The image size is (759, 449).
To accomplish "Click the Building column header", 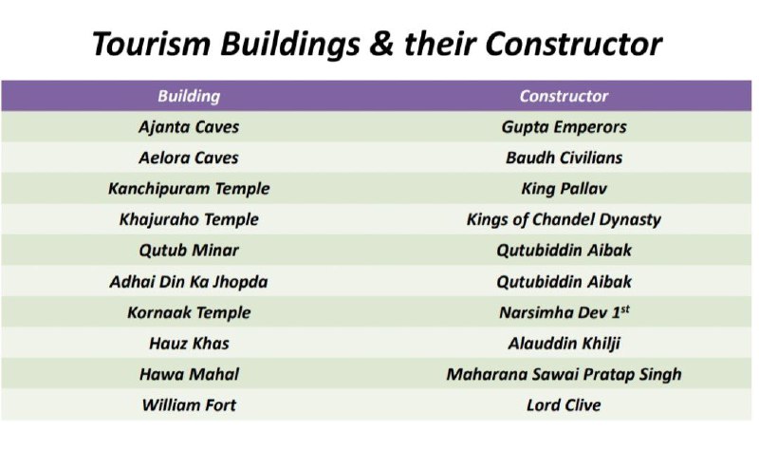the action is pyautogui.click(x=189, y=96).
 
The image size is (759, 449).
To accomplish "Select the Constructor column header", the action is pyautogui.click(x=564, y=96).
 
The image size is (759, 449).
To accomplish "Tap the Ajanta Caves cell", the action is pyautogui.click(x=189, y=127).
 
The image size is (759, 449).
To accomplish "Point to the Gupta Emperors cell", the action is pyautogui.click(x=564, y=127).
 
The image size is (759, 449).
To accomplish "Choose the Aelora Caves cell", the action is pyautogui.click(x=189, y=158).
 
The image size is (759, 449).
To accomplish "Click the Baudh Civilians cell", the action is pyautogui.click(x=564, y=158).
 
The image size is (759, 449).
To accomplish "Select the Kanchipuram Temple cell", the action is pyautogui.click(x=189, y=188).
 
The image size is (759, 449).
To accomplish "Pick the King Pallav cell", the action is pyautogui.click(x=564, y=188).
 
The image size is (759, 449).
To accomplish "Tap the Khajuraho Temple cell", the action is pyautogui.click(x=189, y=219).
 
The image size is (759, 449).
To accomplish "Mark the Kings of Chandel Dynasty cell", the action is pyautogui.click(x=564, y=219).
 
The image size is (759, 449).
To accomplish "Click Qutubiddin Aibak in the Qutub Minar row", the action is pyautogui.click(x=564, y=251).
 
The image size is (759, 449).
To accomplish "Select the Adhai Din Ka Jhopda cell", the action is pyautogui.click(x=189, y=282).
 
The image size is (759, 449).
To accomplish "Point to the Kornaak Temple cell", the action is pyautogui.click(x=189, y=313).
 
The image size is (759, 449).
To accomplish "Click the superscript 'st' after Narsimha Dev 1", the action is pyautogui.click(x=625, y=309).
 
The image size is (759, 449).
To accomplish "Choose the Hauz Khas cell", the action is pyautogui.click(x=189, y=344).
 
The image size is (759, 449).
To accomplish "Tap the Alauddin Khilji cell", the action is pyautogui.click(x=564, y=344).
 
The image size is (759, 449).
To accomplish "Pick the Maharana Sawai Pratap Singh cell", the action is pyautogui.click(x=564, y=374).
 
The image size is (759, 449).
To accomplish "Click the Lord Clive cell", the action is pyautogui.click(x=564, y=405).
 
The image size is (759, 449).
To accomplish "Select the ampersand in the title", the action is pyautogui.click(x=381, y=44).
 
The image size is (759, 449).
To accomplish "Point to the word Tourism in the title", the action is pyautogui.click(x=151, y=44).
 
